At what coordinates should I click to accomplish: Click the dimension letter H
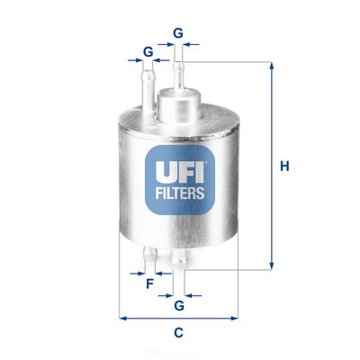coord(283,166)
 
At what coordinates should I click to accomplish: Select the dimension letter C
coord(178,333)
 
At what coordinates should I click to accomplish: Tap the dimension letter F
coord(149,285)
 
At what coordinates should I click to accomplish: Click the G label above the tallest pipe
coord(178,33)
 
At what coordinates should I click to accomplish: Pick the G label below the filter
coord(178,306)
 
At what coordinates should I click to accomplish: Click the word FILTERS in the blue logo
coord(179,192)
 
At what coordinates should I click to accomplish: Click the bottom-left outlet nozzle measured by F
coord(150,256)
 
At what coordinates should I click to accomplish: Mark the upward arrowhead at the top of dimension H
coord(270,65)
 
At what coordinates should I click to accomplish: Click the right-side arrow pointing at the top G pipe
coord(193,42)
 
